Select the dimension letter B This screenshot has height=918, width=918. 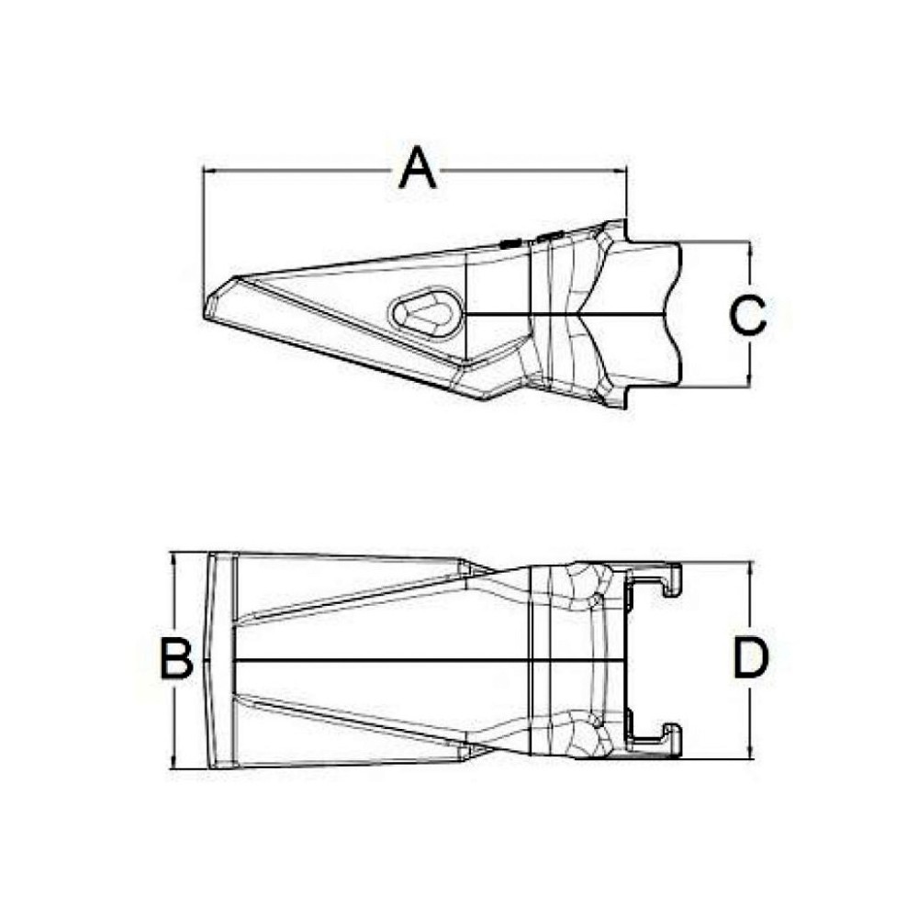[176, 658]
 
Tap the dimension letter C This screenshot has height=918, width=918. [748, 315]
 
